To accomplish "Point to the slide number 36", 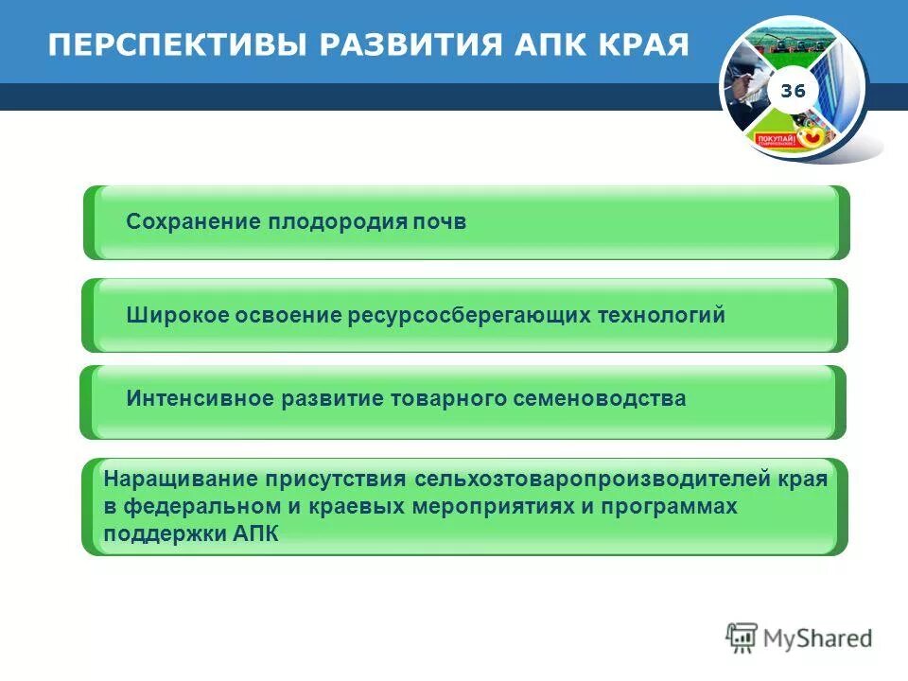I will pos(793,91).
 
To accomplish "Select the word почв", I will pos(441,222).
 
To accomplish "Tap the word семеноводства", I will pos(600,399).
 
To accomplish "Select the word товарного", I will pos(447,399).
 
